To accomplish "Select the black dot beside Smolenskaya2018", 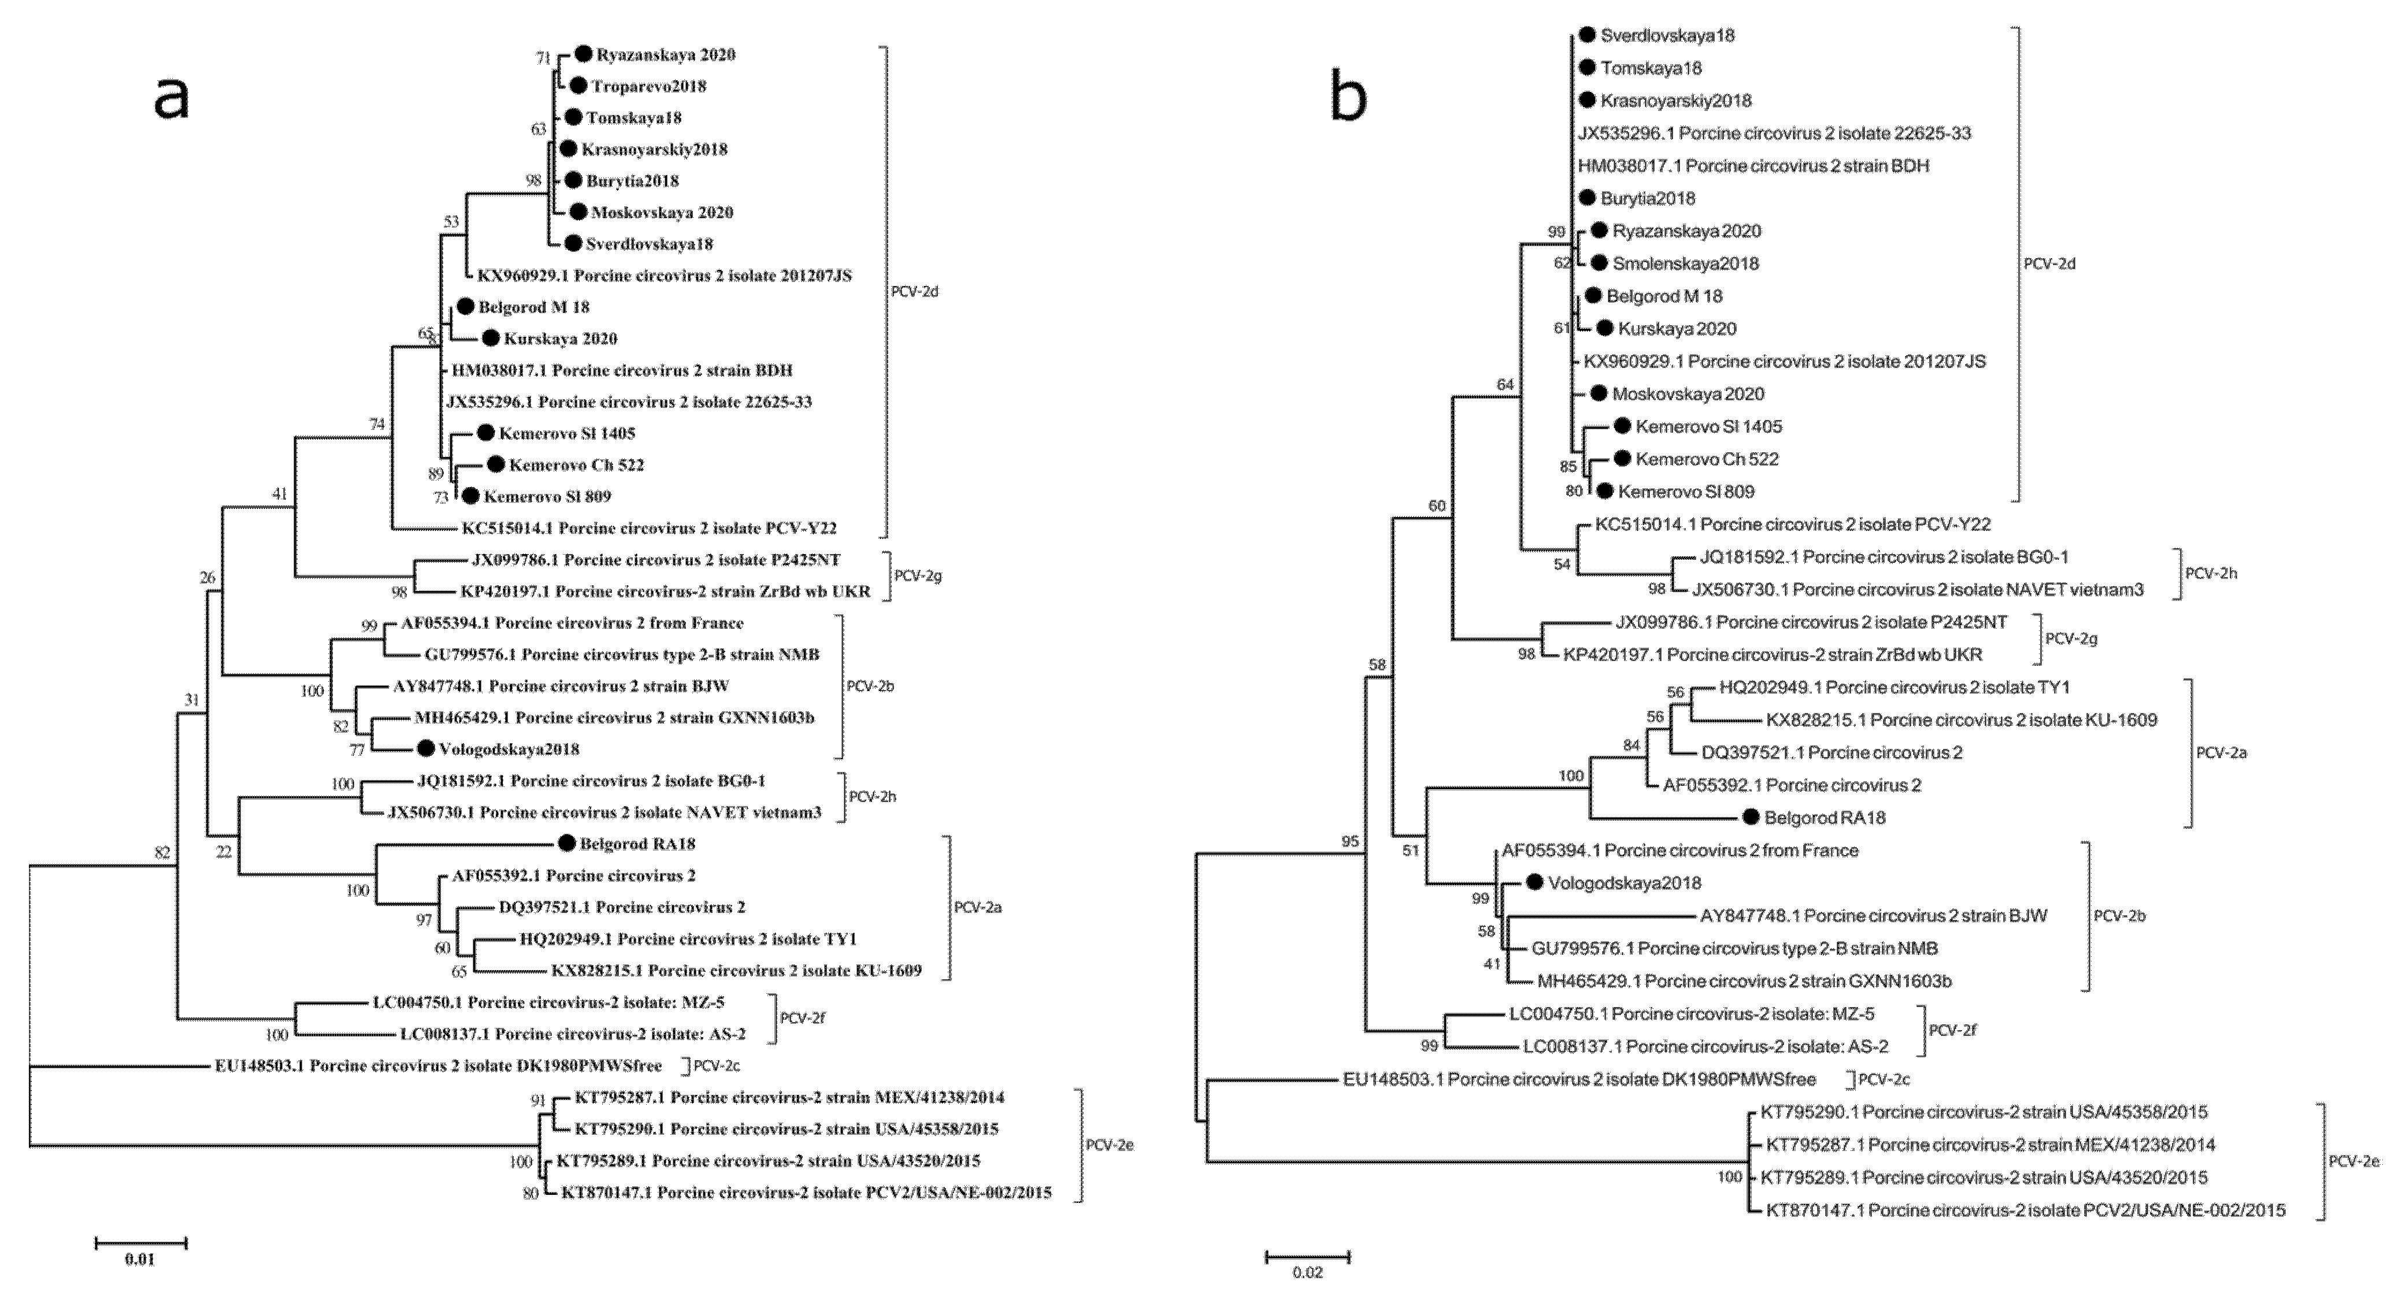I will coord(1599,263).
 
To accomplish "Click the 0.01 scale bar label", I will coord(139,1260).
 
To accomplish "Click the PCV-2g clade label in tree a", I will coord(918,577).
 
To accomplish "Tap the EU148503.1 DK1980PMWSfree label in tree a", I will coord(438,1065).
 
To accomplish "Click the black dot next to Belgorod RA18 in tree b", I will coord(1751,817).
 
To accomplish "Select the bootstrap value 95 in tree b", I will coord(1350,841).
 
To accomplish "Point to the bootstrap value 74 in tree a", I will coord(377,424).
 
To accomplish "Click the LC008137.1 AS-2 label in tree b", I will coord(1705,1046).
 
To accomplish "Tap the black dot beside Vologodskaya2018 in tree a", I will coord(426,748).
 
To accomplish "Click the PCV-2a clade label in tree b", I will coord(2221,753).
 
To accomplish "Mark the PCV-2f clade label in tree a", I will coord(802,1018).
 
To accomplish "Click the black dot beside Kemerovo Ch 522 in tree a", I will coord(495,464).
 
